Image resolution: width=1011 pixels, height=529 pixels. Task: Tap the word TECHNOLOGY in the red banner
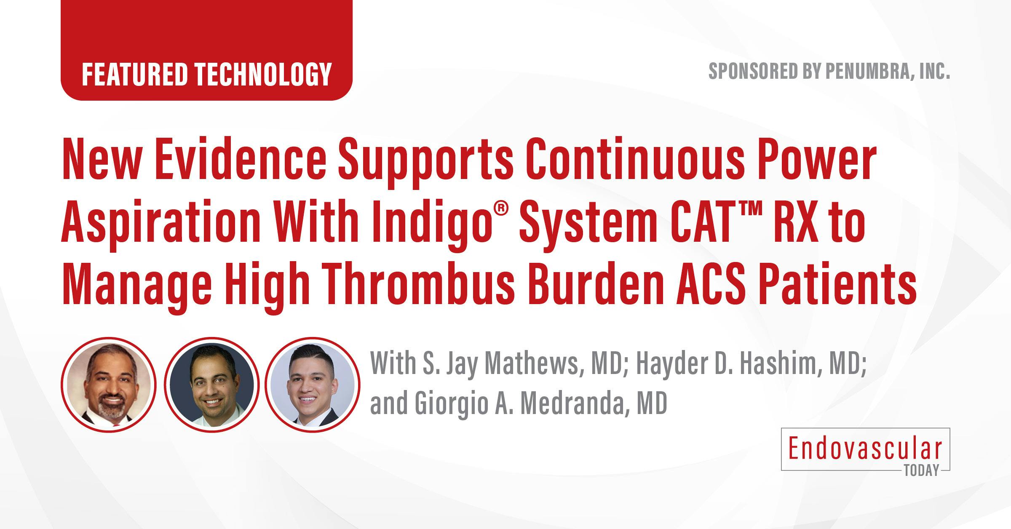pos(263,75)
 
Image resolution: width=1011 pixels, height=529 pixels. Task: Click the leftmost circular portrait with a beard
pos(108,385)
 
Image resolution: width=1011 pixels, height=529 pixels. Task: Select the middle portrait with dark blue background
pos(211,385)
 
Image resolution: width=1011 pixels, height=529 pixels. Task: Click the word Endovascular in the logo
pos(865,449)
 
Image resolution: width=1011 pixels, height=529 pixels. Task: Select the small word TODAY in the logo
pos(921,470)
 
